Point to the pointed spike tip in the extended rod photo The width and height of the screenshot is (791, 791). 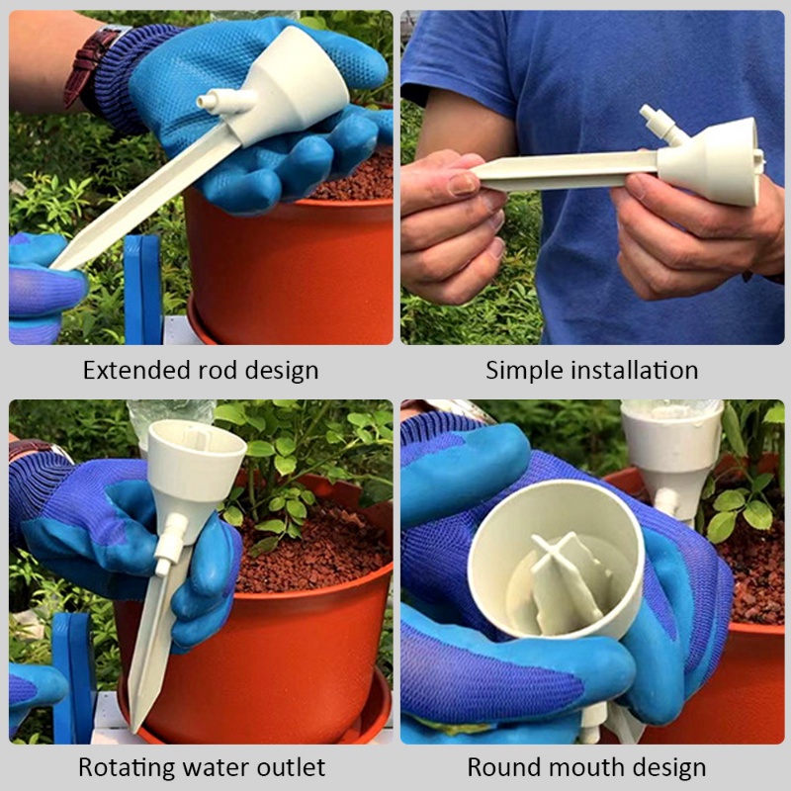point(61,261)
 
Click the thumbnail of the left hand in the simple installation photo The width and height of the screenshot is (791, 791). point(464,184)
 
